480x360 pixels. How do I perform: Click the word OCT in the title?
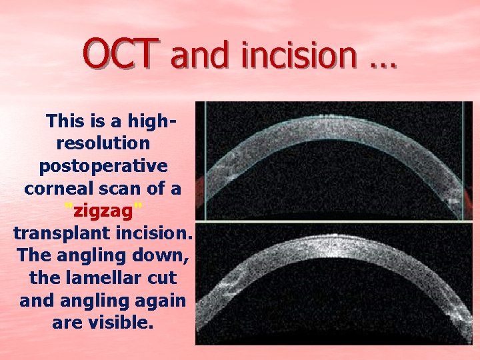coord(121,54)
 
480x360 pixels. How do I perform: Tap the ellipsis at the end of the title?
coord(381,63)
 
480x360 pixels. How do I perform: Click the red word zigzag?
coord(103,212)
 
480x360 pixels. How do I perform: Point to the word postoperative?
coord(103,166)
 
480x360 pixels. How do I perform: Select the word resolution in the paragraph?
coord(103,143)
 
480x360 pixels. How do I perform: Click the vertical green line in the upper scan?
coord(205,160)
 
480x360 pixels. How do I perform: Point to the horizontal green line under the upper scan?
coord(333,219)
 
